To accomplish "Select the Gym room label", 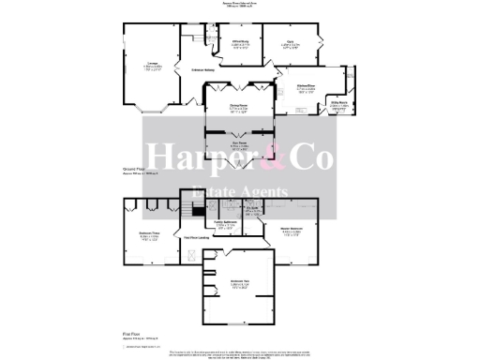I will [292, 41].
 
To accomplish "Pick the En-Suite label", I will [252, 210].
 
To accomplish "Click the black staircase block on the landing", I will [198, 213].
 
